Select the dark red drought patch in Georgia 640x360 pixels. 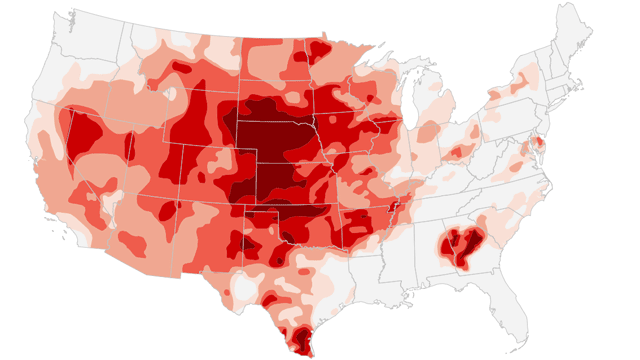459,245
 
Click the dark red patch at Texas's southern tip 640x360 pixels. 300,340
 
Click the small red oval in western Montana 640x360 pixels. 183,68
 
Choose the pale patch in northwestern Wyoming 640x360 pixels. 171,94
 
